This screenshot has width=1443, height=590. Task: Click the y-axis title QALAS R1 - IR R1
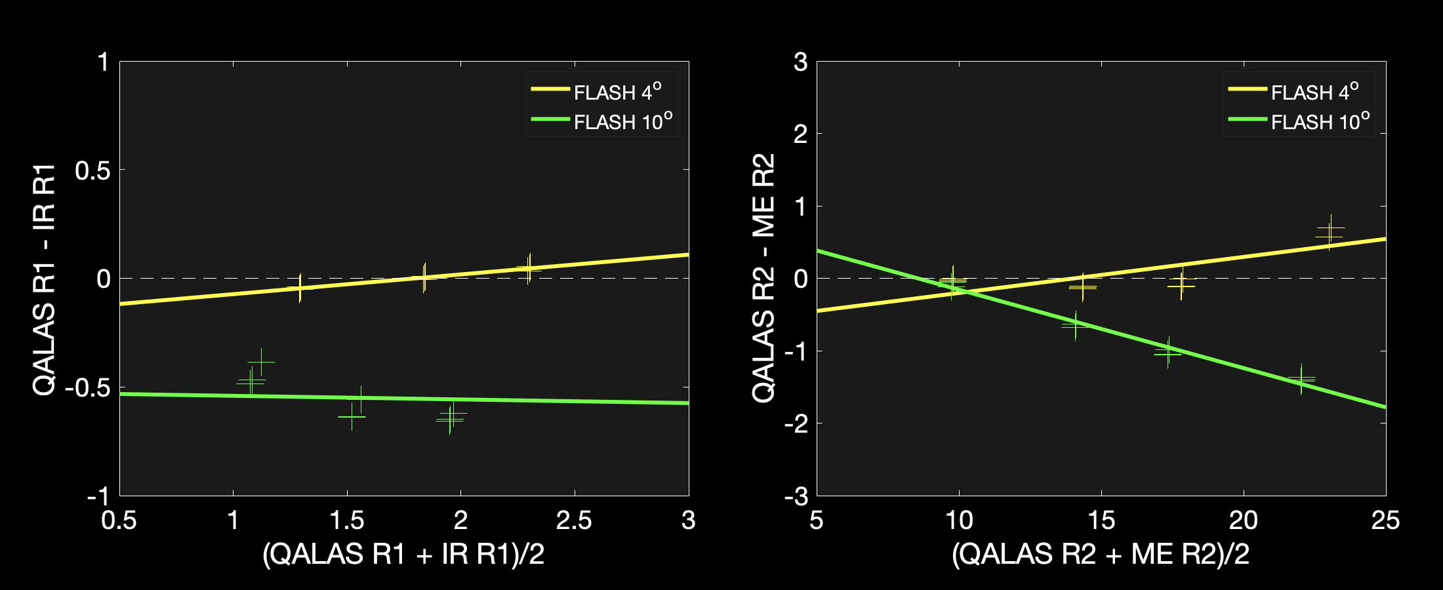coord(45,280)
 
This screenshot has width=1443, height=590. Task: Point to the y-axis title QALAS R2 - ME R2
coord(763,279)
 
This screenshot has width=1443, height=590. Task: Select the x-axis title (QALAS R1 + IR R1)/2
coord(403,555)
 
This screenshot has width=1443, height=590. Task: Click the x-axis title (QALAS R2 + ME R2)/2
coord(1101,555)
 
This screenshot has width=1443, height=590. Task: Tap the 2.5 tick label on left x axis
coord(574,521)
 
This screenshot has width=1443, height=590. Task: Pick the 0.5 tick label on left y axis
coord(92,170)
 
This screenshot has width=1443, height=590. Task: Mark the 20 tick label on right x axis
coord(1243,521)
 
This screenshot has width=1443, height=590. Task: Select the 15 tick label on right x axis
coord(1101,521)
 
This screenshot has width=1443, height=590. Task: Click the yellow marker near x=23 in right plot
coord(1330,232)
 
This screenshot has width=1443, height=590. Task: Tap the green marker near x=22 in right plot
coord(1301,379)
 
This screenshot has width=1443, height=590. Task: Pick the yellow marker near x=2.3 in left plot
coord(529,268)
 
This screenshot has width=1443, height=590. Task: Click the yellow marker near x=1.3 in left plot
coord(300,288)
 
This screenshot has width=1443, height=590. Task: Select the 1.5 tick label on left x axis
coord(347,521)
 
